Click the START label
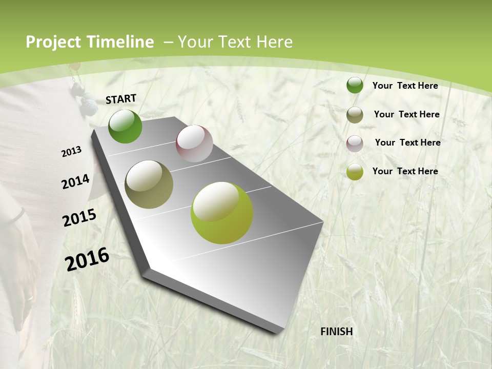[x=121, y=98]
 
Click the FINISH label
[x=337, y=332]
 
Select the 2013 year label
[x=71, y=151]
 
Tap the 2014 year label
[x=75, y=181]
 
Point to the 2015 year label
[x=79, y=217]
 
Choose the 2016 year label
[x=87, y=259]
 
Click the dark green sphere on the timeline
[x=125, y=126]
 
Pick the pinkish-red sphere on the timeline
[x=194, y=143]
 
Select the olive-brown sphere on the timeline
[x=149, y=184]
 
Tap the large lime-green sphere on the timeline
[x=222, y=213]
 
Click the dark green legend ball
[x=355, y=85]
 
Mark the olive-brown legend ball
[x=355, y=115]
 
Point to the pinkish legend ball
[x=355, y=143]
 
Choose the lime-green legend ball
[x=355, y=172]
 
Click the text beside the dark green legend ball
[x=405, y=86]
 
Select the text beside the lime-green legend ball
[x=405, y=171]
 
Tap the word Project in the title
[x=54, y=42]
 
